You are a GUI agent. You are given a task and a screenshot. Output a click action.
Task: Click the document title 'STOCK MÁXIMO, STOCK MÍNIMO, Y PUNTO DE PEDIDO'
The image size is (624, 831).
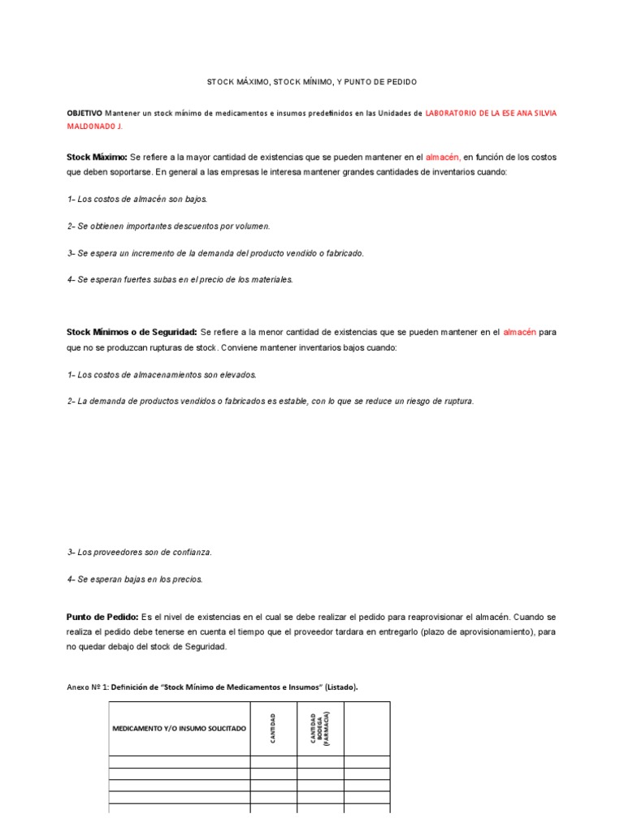312,83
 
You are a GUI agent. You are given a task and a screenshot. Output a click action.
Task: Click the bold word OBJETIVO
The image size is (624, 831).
84,114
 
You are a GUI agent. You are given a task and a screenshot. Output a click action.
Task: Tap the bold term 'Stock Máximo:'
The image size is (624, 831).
97,157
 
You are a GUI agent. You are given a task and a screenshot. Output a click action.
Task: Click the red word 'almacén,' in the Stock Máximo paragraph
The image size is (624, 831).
443,157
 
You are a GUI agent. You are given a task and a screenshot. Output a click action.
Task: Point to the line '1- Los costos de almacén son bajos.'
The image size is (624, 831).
137,199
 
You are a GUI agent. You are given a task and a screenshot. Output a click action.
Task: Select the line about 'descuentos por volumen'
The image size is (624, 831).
168,226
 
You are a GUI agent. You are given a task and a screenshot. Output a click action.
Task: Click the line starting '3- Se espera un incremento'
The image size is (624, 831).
215,253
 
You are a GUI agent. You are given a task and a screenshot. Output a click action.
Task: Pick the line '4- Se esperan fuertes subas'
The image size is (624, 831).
180,280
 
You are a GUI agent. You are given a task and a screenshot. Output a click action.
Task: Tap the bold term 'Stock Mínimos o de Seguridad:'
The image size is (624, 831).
132,333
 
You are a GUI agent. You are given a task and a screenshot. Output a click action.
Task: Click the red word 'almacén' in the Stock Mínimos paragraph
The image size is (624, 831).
519,333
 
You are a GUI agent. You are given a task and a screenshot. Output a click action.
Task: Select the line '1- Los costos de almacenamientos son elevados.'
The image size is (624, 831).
162,375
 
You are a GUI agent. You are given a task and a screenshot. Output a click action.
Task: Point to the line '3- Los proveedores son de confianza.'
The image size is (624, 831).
140,553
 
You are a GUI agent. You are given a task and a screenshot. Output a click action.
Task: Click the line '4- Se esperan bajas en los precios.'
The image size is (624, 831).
135,579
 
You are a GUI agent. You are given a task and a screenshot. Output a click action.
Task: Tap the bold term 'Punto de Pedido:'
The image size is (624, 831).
102,618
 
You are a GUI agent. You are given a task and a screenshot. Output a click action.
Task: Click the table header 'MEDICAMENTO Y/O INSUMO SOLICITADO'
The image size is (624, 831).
179,729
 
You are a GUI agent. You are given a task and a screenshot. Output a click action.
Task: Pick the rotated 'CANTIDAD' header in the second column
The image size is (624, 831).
273,728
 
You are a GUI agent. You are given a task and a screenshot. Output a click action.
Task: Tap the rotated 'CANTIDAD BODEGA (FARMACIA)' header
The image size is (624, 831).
320,728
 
